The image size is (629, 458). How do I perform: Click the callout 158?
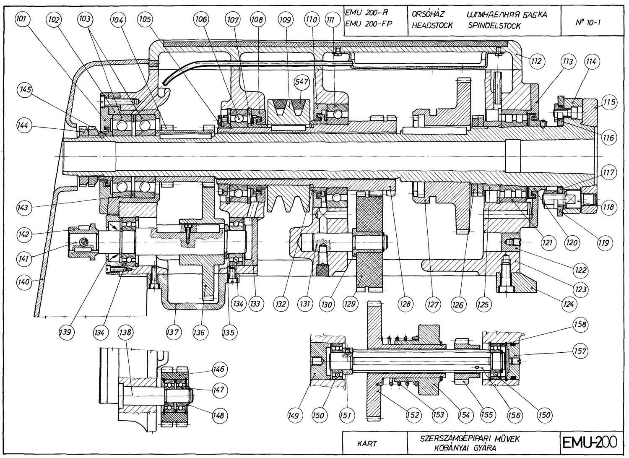click(x=580, y=324)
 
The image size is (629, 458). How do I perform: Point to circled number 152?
click(x=413, y=415)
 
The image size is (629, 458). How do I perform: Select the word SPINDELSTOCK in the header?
click(x=493, y=26)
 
